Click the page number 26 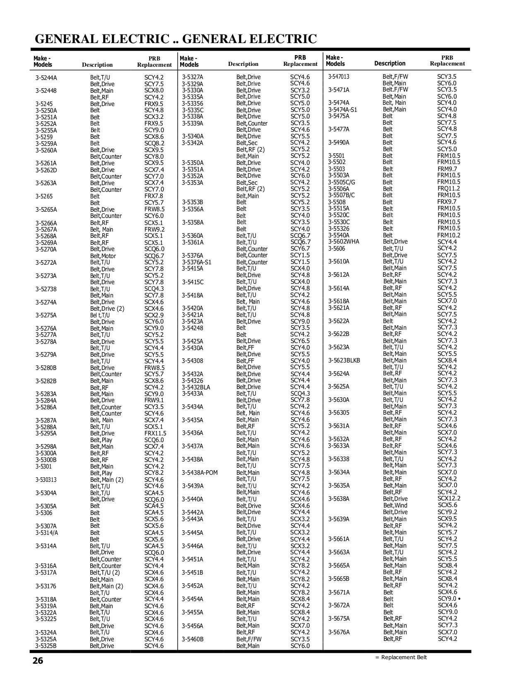(x=38, y=661)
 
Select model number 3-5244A (x=46, y=77)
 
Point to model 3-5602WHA (x=344, y=242)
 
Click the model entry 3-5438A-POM (x=200, y=473)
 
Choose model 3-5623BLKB (x=344, y=360)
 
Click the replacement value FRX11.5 (x=155, y=433)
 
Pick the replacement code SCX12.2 (x=449, y=499)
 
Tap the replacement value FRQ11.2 (x=449, y=189)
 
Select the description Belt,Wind (x=395, y=505)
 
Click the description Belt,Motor (x=103, y=256)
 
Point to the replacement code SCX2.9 (x=154, y=315)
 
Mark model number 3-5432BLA (x=196, y=387)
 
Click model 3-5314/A (x=47, y=533)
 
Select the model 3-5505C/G (x=342, y=182)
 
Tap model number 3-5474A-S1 (x=342, y=110)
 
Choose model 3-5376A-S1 (x=196, y=262)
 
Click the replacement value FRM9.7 (x=447, y=169)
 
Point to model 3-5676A (x=339, y=632)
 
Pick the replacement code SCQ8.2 (x=154, y=143)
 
